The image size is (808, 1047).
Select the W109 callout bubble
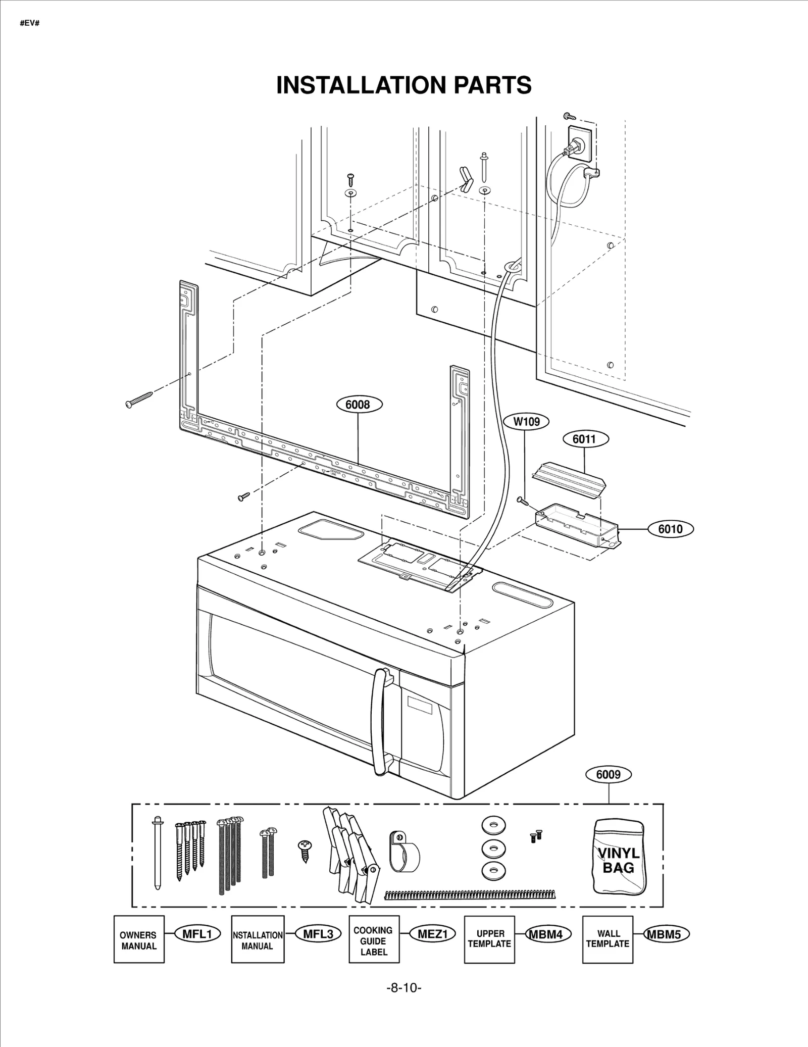click(526, 421)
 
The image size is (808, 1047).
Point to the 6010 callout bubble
click(670, 529)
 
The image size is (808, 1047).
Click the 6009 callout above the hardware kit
click(608, 774)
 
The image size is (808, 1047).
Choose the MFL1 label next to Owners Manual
click(197, 934)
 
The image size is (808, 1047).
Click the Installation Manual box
click(257, 940)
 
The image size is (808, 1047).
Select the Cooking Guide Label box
click(374, 940)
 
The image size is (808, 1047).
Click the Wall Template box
click(608, 940)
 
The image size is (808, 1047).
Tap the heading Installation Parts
click(403, 85)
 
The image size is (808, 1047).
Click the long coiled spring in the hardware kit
click(469, 895)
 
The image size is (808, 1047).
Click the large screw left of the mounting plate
click(139, 399)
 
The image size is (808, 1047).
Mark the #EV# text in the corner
click(30, 23)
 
